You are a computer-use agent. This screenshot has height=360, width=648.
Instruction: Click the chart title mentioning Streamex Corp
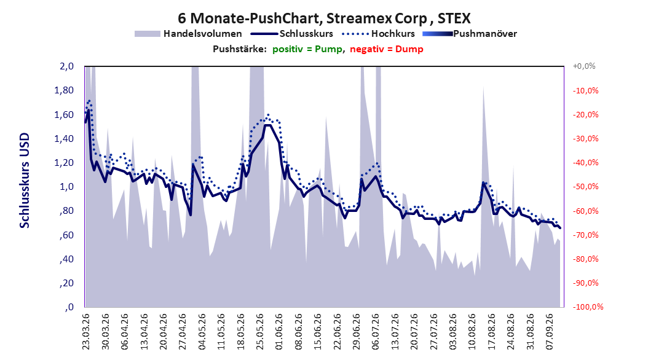[324, 18]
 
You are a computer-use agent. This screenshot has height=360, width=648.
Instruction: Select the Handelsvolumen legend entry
[188, 34]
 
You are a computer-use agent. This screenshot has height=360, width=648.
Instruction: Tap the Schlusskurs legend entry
[292, 34]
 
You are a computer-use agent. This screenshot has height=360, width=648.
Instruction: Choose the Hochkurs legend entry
[378, 34]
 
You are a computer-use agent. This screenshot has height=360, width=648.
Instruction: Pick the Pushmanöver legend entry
[470, 34]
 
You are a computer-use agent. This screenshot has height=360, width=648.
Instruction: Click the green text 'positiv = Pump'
[307, 49]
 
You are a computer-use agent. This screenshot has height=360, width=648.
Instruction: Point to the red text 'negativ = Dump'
[387, 49]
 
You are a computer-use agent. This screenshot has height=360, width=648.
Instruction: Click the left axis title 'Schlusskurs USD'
[25, 181]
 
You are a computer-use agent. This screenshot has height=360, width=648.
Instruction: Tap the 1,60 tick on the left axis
[64, 114]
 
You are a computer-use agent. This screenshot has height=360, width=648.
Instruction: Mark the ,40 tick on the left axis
[66, 259]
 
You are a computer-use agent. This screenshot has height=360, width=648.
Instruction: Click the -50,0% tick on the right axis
[585, 187]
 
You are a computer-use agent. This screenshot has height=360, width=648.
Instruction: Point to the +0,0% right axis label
[584, 66]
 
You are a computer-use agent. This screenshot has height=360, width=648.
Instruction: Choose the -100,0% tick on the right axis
[588, 307]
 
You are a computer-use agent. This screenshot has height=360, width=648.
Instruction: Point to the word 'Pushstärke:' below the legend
[240, 49]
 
